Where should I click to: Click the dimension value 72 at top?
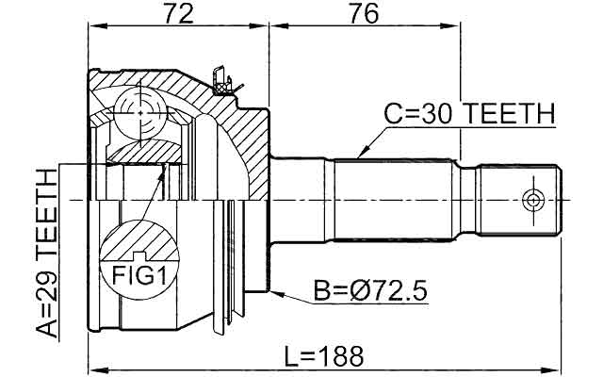(x=178, y=14)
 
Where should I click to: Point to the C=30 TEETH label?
(x=468, y=114)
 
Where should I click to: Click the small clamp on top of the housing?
(x=222, y=81)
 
